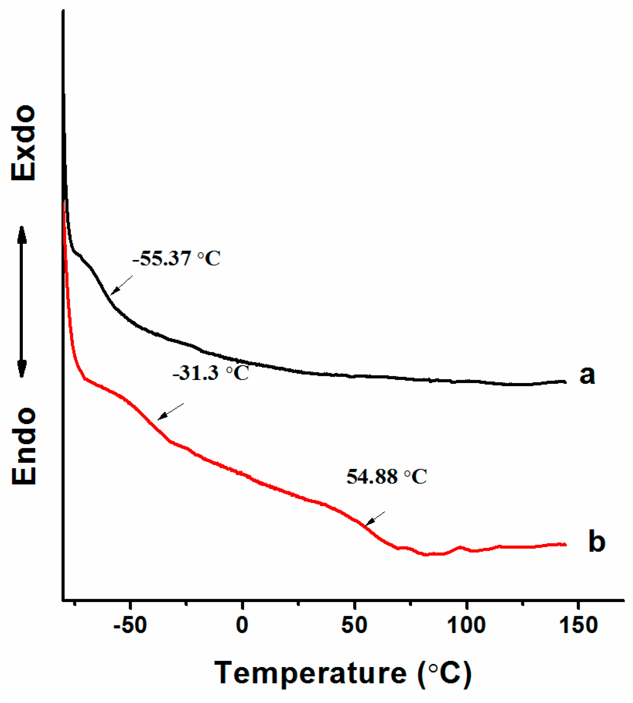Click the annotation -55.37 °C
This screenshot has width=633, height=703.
[176, 259]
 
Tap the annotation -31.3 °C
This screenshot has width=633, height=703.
[211, 373]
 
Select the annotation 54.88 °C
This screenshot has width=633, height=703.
[386, 477]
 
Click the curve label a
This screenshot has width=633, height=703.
[587, 375]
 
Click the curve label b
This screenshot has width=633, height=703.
[596, 542]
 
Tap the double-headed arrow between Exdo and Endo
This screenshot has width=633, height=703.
[22, 302]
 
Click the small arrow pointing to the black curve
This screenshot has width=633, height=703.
[121, 285]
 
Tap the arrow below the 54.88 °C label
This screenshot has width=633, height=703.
[375, 519]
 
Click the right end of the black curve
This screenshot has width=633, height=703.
[565, 381]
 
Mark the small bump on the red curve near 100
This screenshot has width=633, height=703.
[460, 547]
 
